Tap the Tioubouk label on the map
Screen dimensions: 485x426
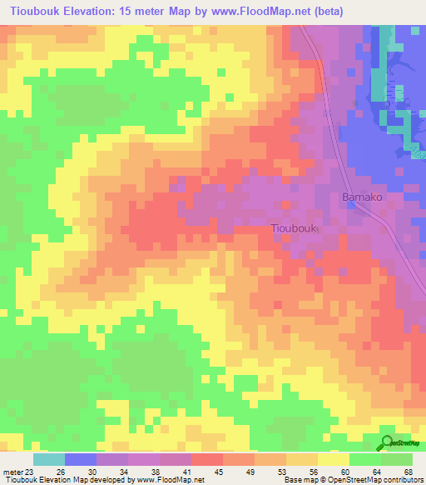click(x=294, y=227)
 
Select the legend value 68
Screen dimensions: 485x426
click(x=408, y=472)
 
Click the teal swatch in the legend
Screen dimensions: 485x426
click(x=49, y=459)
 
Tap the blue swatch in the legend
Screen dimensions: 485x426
click(x=81, y=459)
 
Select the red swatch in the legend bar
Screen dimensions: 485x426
click(x=207, y=459)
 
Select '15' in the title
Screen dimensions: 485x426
click(x=132, y=11)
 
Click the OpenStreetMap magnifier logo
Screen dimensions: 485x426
click(x=388, y=442)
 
